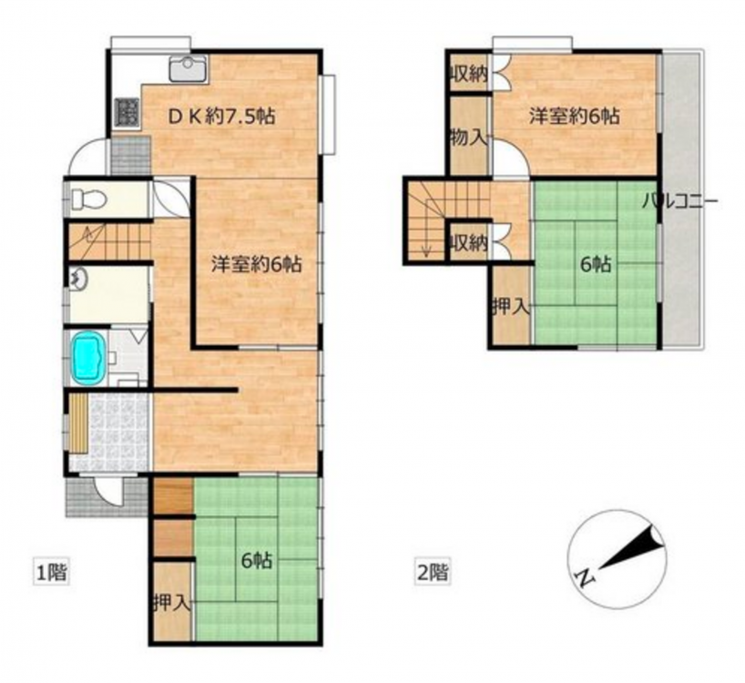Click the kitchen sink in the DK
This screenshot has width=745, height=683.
[189, 69]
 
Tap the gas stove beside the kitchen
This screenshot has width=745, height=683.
[127, 113]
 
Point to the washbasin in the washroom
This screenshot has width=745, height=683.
[77, 278]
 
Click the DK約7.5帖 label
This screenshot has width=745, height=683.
[221, 117]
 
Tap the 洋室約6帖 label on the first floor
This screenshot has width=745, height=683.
[256, 264]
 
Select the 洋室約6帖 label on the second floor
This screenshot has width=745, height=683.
[575, 116]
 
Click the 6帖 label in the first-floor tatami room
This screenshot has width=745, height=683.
[257, 561]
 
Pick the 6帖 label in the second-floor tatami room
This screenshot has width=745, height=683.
[596, 264]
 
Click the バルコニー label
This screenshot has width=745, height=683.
[680, 202]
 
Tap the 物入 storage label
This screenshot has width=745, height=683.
[468, 138]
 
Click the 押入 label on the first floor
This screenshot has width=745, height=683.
[172, 604]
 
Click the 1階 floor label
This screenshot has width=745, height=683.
[52, 572]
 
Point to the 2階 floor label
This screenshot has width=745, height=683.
[432, 572]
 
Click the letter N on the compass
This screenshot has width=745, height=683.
[586, 576]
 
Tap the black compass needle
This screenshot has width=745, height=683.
[632, 547]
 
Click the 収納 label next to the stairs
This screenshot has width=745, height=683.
[468, 244]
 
